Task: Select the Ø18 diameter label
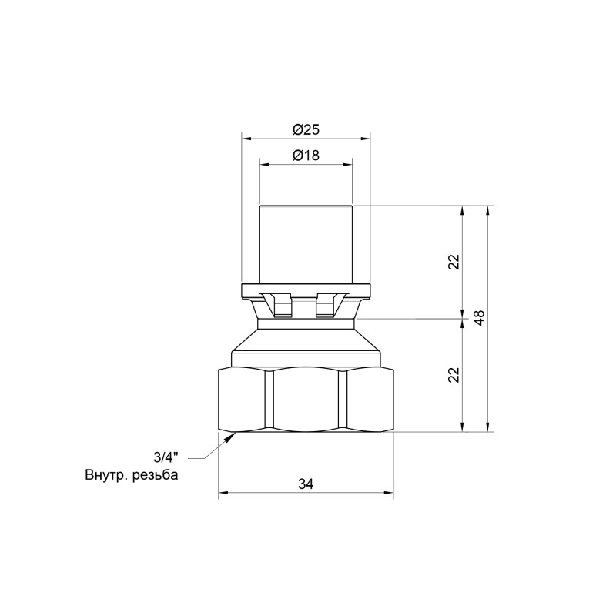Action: [306, 155]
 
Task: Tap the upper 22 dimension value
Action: [454, 261]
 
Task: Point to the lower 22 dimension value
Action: [454, 374]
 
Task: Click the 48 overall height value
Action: [479, 318]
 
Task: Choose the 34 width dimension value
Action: [306, 484]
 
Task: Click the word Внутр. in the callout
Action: [107, 475]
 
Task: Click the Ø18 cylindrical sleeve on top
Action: [306, 243]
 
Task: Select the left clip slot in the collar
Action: [281, 306]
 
